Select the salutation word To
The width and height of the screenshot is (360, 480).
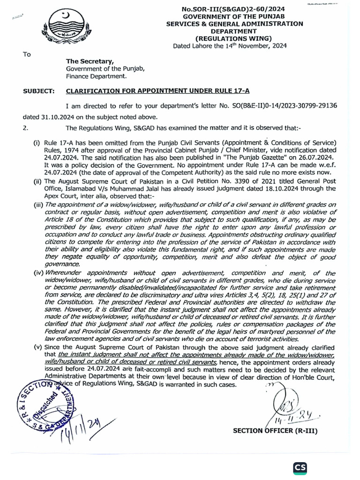pyautogui.click(x=27, y=54)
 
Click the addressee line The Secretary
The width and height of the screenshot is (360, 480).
pyautogui.click(x=90, y=61)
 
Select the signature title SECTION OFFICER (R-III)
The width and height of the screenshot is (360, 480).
pyautogui.click(x=273, y=431)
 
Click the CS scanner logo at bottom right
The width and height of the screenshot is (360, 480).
pyautogui.click(x=300, y=468)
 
